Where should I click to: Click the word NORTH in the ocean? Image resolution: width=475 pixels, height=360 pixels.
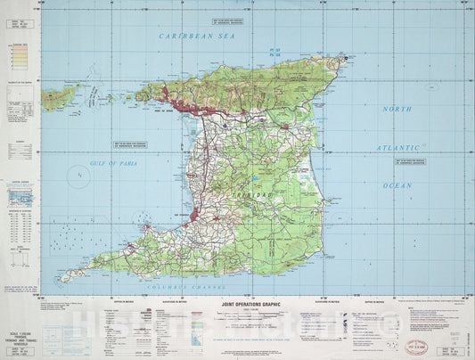(x=397, y=108)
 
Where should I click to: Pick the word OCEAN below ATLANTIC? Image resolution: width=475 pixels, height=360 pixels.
(x=397, y=184)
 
